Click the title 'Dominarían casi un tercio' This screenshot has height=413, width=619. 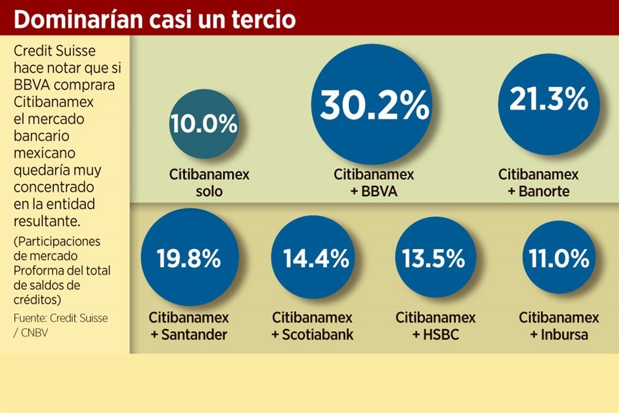155,19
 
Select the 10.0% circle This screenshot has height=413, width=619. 204,124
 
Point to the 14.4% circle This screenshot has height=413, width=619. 316,259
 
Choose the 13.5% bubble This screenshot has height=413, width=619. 433,259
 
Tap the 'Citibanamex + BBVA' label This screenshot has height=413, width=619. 374,183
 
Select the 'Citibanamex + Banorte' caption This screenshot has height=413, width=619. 538,183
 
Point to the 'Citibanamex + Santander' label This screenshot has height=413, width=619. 189,326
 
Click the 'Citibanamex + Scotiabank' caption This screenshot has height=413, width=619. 313,326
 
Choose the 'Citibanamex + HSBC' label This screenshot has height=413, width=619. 435,326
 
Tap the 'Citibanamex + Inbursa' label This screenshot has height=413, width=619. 558,326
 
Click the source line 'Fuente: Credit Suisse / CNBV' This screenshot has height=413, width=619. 61,325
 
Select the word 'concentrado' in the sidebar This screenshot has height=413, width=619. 54,187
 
